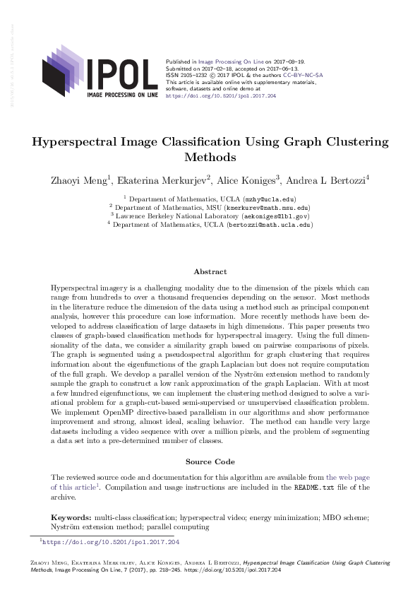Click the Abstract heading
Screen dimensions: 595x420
tap(210, 272)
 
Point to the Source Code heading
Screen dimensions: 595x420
tap(210, 461)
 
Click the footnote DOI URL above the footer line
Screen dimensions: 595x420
tap(112, 542)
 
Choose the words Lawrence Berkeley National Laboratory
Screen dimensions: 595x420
tap(170, 217)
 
